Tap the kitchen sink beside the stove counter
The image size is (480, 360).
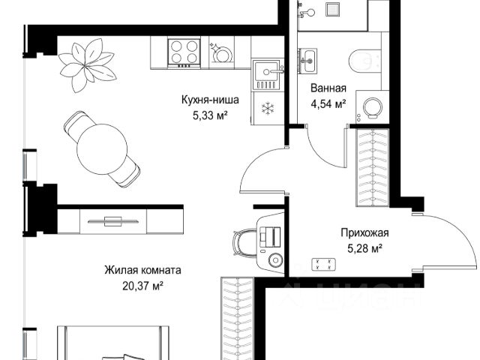coord(266,75)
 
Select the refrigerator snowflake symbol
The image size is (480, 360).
coord(268,108)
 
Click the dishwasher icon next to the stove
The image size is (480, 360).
coord(221,52)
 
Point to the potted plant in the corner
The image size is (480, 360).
coord(87,65)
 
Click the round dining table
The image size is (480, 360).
coord(102,149)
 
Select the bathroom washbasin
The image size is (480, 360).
coord(307,61)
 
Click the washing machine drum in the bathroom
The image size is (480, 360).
coord(373,108)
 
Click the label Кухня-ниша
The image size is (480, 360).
coord(210,100)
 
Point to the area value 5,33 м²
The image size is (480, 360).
coord(210,115)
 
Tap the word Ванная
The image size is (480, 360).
coord(328,88)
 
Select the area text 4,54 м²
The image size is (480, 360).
coord(328,103)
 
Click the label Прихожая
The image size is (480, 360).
coord(365,233)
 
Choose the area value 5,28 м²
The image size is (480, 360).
coord(365,248)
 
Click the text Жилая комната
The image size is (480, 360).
coord(142,270)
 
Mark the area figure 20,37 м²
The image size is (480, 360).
coord(142,286)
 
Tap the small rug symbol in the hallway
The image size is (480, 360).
coord(323,265)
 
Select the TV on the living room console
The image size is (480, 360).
coord(113,220)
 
